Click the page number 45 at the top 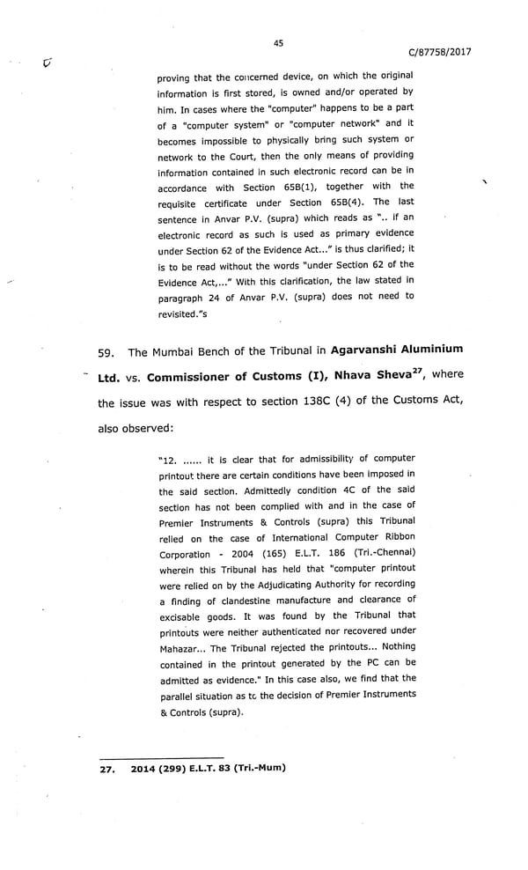point(278,42)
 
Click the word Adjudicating point(283,585)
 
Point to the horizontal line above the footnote point(162,756)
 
